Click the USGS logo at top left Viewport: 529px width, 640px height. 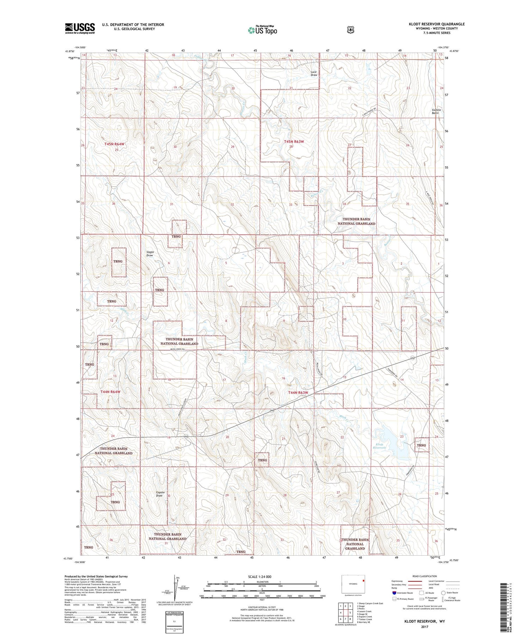click(x=80, y=28)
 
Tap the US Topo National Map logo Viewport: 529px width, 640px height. click(x=262, y=30)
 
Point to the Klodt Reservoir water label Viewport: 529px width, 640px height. click(x=379, y=446)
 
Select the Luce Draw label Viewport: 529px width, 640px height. click(x=314, y=73)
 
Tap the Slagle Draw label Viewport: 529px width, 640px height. click(x=150, y=253)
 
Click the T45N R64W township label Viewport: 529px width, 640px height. click(x=114, y=144)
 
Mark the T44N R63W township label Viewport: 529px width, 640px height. click(x=298, y=393)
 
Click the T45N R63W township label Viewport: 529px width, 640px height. click(x=294, y=141)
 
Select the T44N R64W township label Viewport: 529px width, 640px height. click(x=110, y=392)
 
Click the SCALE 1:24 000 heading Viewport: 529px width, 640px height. click(x=260, y=576)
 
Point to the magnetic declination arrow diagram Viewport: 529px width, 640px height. click(x=174, y=588)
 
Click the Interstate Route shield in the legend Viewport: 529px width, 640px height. click(x=394, y=593)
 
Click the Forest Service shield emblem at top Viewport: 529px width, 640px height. click(x=350, y=30)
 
